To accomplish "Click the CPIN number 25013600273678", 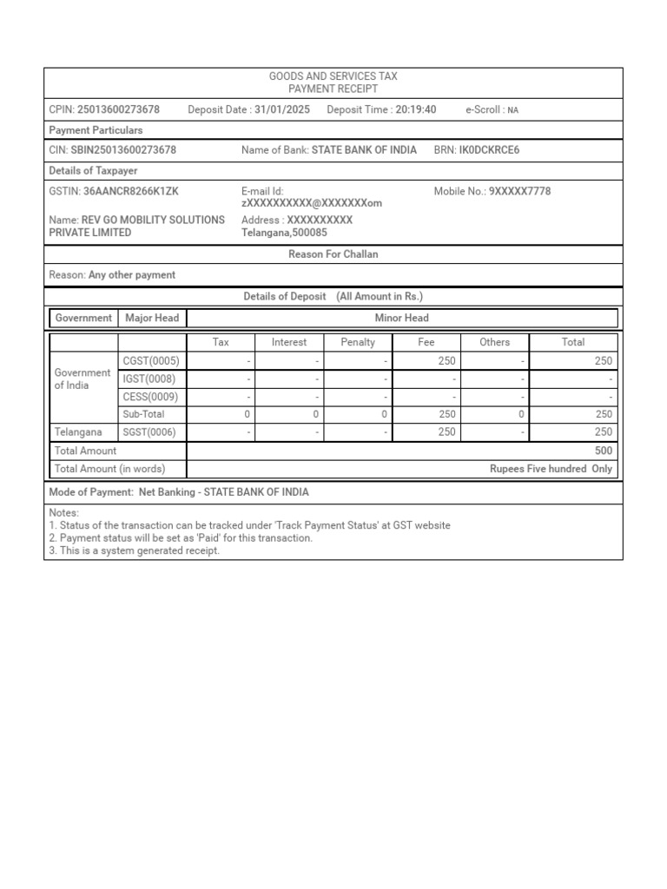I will point(118,109).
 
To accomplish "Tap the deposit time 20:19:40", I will point(415,109).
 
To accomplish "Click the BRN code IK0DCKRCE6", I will point(489,150).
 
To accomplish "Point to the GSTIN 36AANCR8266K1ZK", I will point(131,191).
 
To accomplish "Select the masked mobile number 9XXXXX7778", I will point(519,191).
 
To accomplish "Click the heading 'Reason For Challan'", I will point(333,254).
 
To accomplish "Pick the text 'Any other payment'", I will point(132,275).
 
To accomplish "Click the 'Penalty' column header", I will point(358,342).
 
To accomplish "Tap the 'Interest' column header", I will point(289,342).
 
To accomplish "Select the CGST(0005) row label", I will point(151,361).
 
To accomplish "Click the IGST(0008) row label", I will point(150,379).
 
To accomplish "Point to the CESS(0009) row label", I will point(151,397).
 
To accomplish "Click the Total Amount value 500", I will point(604,451).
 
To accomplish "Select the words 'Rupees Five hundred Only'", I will point(551,469).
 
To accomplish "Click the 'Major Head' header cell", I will point(152,318).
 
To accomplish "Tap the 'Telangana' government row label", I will point(78,432).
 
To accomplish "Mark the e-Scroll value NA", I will point(513,110).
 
